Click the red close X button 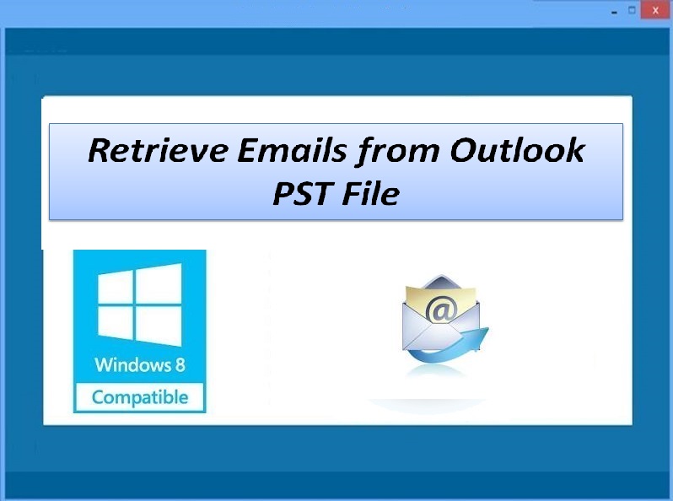tap(655, 10)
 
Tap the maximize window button tap(632, 10)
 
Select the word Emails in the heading tap(292, 150)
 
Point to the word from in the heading tap(397, 152)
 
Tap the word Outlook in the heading tap(517, 150)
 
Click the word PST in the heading tap(302, 193)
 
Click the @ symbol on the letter tap(441, 310)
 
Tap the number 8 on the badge tap(180, 365)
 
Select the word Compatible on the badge tap(140, 397)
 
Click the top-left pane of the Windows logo tap(116, 288)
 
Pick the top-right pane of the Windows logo tap(159, 283)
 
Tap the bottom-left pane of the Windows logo tap(116, 323)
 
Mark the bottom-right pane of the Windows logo tap(159, 326)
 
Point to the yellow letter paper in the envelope tap(441, 300)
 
